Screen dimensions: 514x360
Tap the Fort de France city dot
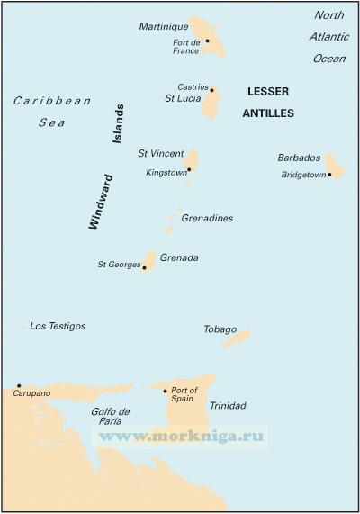(207, 41)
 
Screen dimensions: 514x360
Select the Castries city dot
(212, 89)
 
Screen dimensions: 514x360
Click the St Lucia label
(181, 98)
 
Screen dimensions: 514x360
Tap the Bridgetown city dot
(329, 175)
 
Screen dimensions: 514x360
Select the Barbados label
(300, 158)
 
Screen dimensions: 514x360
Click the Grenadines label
(207, 219)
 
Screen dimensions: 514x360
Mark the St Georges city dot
(144, 267)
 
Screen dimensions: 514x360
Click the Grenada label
(179, 258)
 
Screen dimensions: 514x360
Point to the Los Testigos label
(58, 326)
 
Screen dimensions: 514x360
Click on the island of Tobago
(236, 339)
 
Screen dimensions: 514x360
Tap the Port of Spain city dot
(166, 391)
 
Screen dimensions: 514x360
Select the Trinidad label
(227, 406)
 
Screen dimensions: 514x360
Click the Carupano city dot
(19, 385)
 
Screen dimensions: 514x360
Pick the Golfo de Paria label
(112, 417)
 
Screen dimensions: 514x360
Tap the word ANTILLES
(268, 113)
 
